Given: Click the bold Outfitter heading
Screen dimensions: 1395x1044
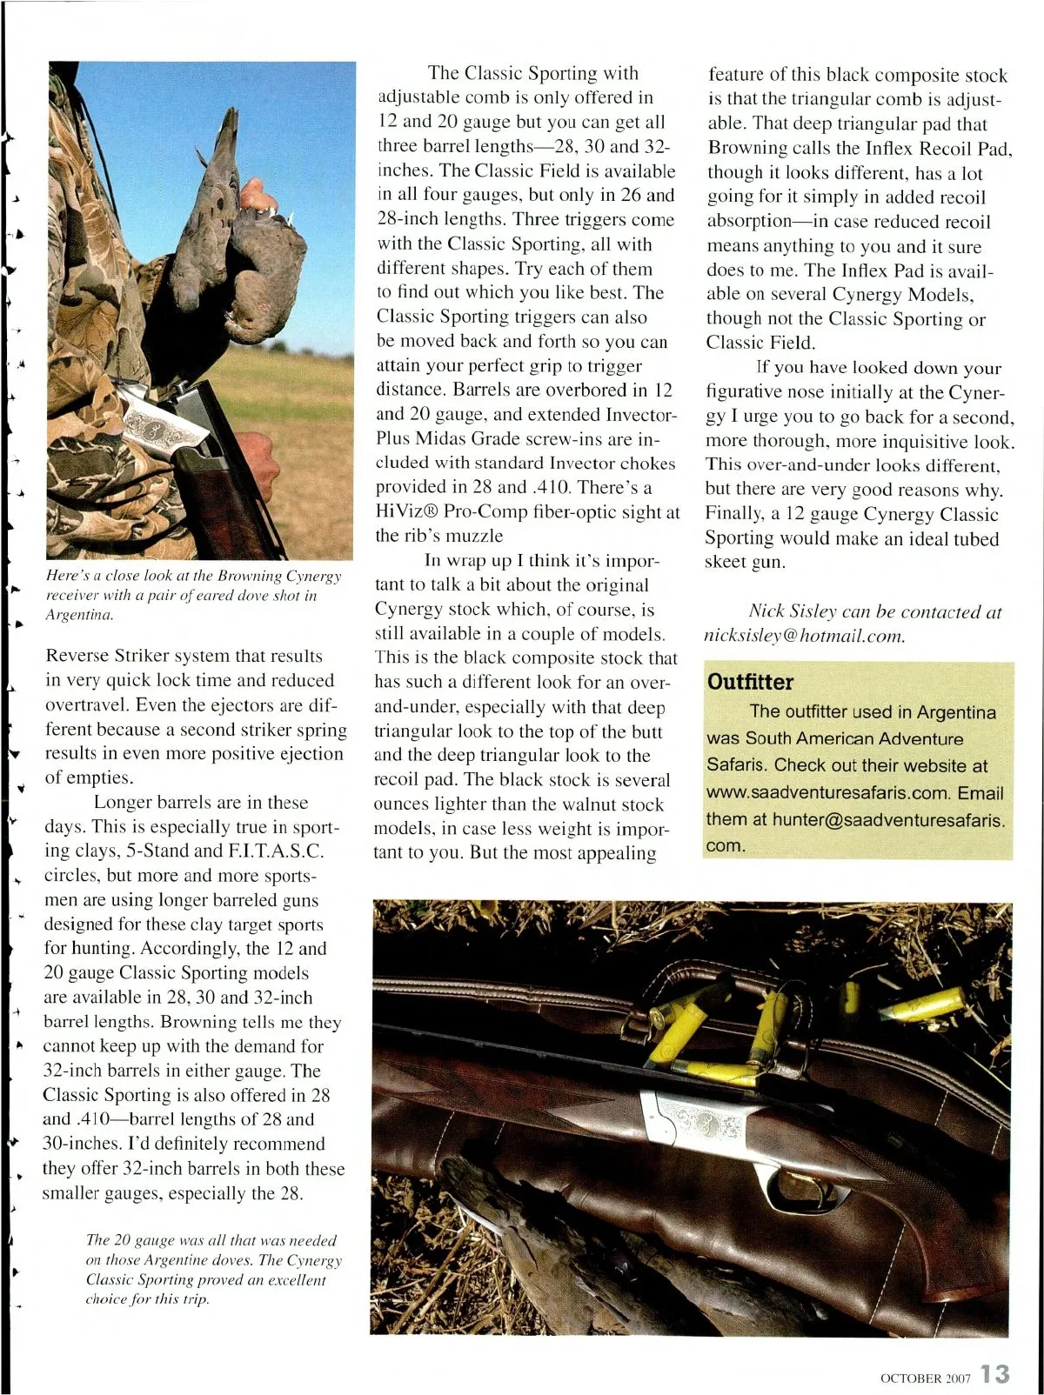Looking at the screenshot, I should pos(750,682).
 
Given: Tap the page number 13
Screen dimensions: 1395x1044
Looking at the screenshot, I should pos(995,1374).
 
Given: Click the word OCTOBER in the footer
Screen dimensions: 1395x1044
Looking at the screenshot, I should pos(911,1378).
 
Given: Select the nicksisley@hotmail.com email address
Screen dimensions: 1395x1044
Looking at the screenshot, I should pos(805,636).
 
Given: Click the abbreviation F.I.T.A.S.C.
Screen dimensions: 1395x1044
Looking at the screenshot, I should pos(275,851).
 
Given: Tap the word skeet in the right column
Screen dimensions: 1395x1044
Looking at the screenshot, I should pos(726,563).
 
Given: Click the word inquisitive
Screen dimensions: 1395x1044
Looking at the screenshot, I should pos(888,441).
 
